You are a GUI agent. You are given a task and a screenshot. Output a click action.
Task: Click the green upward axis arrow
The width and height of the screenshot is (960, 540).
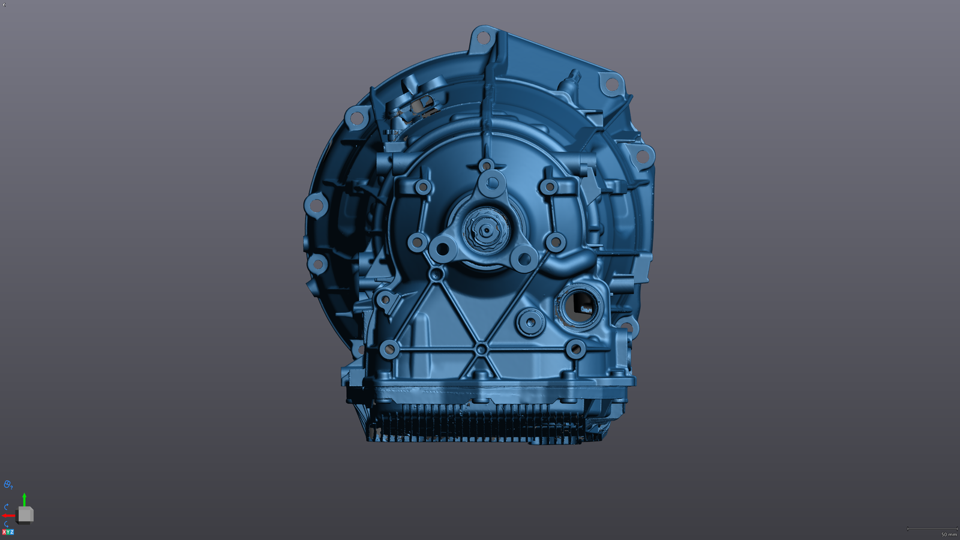pos(25,500)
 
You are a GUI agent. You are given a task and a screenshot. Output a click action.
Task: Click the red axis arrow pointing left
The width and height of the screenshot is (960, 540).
pos(8,515)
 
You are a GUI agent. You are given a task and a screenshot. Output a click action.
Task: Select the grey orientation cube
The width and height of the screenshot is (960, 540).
pos(25,515)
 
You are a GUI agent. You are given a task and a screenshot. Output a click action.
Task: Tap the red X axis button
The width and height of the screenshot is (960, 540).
pos(4,532)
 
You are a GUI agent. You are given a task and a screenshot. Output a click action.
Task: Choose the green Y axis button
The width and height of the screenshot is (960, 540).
pos(8,532)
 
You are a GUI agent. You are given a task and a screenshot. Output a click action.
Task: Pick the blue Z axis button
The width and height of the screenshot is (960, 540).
pos(12,532)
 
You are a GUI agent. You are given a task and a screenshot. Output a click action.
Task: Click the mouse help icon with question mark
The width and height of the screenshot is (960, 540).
pos(8,484)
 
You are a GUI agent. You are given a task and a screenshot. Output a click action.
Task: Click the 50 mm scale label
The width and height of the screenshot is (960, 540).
pos(949,535)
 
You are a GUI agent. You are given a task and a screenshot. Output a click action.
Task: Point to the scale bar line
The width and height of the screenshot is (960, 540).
pos(932,529)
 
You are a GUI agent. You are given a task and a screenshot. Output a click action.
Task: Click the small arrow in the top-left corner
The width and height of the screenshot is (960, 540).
pos(4,5)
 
